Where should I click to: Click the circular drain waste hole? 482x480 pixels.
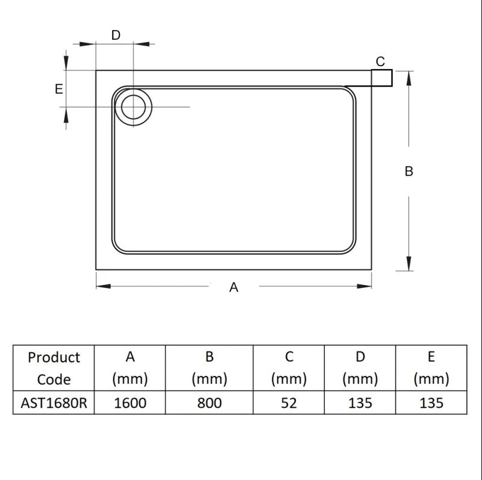point(133,107)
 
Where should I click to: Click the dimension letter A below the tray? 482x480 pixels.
point(234,288)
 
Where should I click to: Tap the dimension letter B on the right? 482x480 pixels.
point(409,171)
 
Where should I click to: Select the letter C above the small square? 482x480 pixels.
point(380,61)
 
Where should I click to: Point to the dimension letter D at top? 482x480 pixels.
point(116,35)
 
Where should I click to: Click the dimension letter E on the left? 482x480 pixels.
point(59,89)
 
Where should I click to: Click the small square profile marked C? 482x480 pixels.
point(382,78)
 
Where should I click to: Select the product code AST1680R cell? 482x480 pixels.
point(54,403)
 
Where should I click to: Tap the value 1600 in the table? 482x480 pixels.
point(130,403)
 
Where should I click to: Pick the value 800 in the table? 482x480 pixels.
point(210,403)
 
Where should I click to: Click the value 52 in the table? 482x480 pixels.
point(289,403)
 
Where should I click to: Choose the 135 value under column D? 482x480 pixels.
point(360,403)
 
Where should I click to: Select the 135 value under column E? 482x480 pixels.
point(431,403)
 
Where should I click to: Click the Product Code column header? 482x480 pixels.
point(54,368)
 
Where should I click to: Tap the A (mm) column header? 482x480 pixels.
point(130,368)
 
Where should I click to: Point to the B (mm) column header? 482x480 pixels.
point(210,368)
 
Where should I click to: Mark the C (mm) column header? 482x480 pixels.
point(289,368)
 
